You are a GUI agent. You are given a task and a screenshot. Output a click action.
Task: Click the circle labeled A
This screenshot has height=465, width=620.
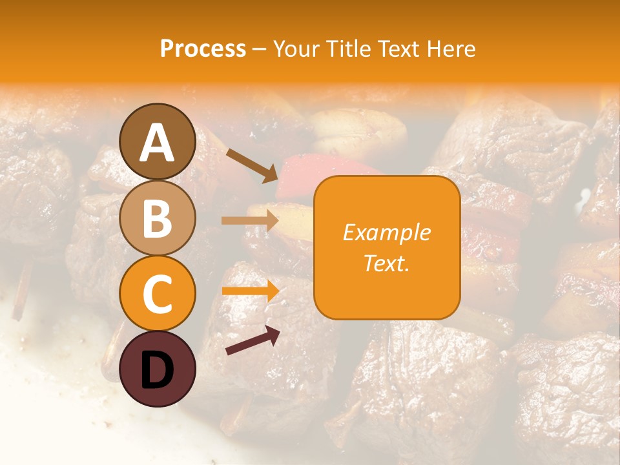157,141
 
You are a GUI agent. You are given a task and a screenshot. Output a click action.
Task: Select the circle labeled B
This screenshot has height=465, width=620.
157,218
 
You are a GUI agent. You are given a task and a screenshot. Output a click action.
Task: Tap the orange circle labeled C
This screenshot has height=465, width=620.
157,293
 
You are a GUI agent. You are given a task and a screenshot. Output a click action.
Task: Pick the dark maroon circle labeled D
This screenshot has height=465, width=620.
157,369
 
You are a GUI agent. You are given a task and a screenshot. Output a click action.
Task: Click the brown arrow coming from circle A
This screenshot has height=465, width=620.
252,165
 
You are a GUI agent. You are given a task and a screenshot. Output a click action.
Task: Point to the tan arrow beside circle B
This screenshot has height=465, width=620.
249,221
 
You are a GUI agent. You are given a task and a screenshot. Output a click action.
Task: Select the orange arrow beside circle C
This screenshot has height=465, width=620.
249,291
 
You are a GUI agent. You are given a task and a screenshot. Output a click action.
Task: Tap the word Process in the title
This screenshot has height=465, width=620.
203,48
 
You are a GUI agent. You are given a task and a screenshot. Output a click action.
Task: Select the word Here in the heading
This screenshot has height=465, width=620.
451,48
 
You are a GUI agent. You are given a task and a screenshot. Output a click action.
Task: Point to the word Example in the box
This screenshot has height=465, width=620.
387,232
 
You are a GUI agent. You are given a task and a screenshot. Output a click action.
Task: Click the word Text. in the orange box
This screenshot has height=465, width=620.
387,263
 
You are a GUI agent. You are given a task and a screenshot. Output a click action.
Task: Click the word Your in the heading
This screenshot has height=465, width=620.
295,48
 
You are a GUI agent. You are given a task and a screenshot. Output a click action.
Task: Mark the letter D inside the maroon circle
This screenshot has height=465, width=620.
157,370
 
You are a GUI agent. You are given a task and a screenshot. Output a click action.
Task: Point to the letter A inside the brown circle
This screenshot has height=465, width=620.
157,143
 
